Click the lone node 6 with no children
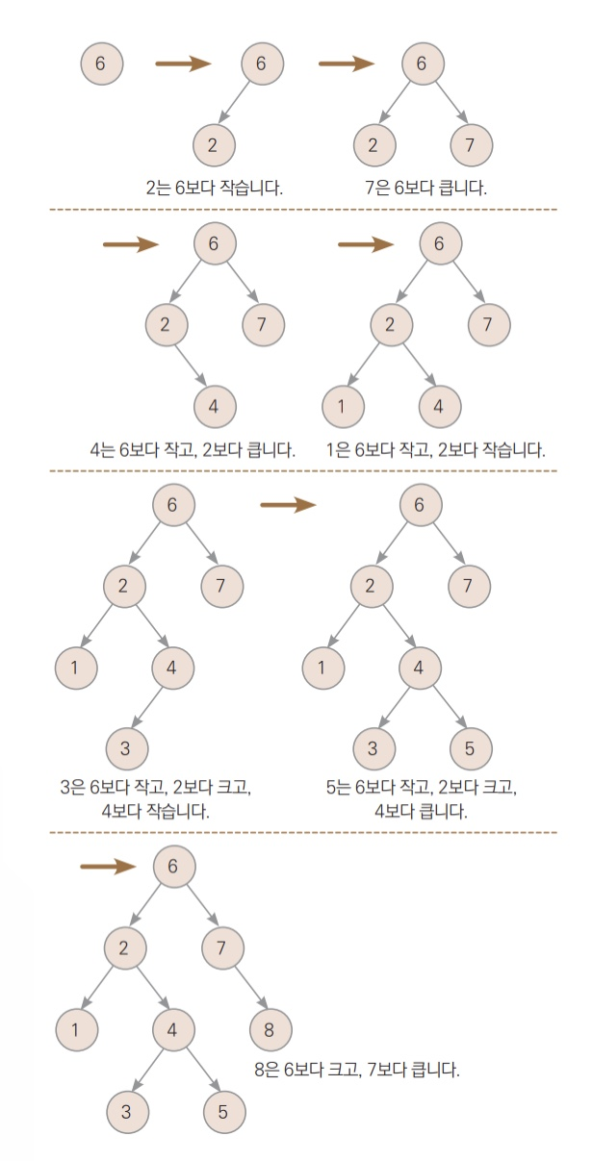pos(102,63)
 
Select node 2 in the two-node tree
pos(213,145)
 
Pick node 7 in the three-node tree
pos(471,145)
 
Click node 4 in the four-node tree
pos(214,406)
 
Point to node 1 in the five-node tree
pos(342,406)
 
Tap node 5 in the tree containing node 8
pos(223,1112)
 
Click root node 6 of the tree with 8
pos(173,867)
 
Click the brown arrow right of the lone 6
pos(183,64)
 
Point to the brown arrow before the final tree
pos(108,867)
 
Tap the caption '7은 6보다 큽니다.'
pos(426,187)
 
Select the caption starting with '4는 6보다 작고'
pos(192,449)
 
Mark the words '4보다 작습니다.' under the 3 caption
pos(155,811)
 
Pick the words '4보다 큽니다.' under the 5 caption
pos(421,811)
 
